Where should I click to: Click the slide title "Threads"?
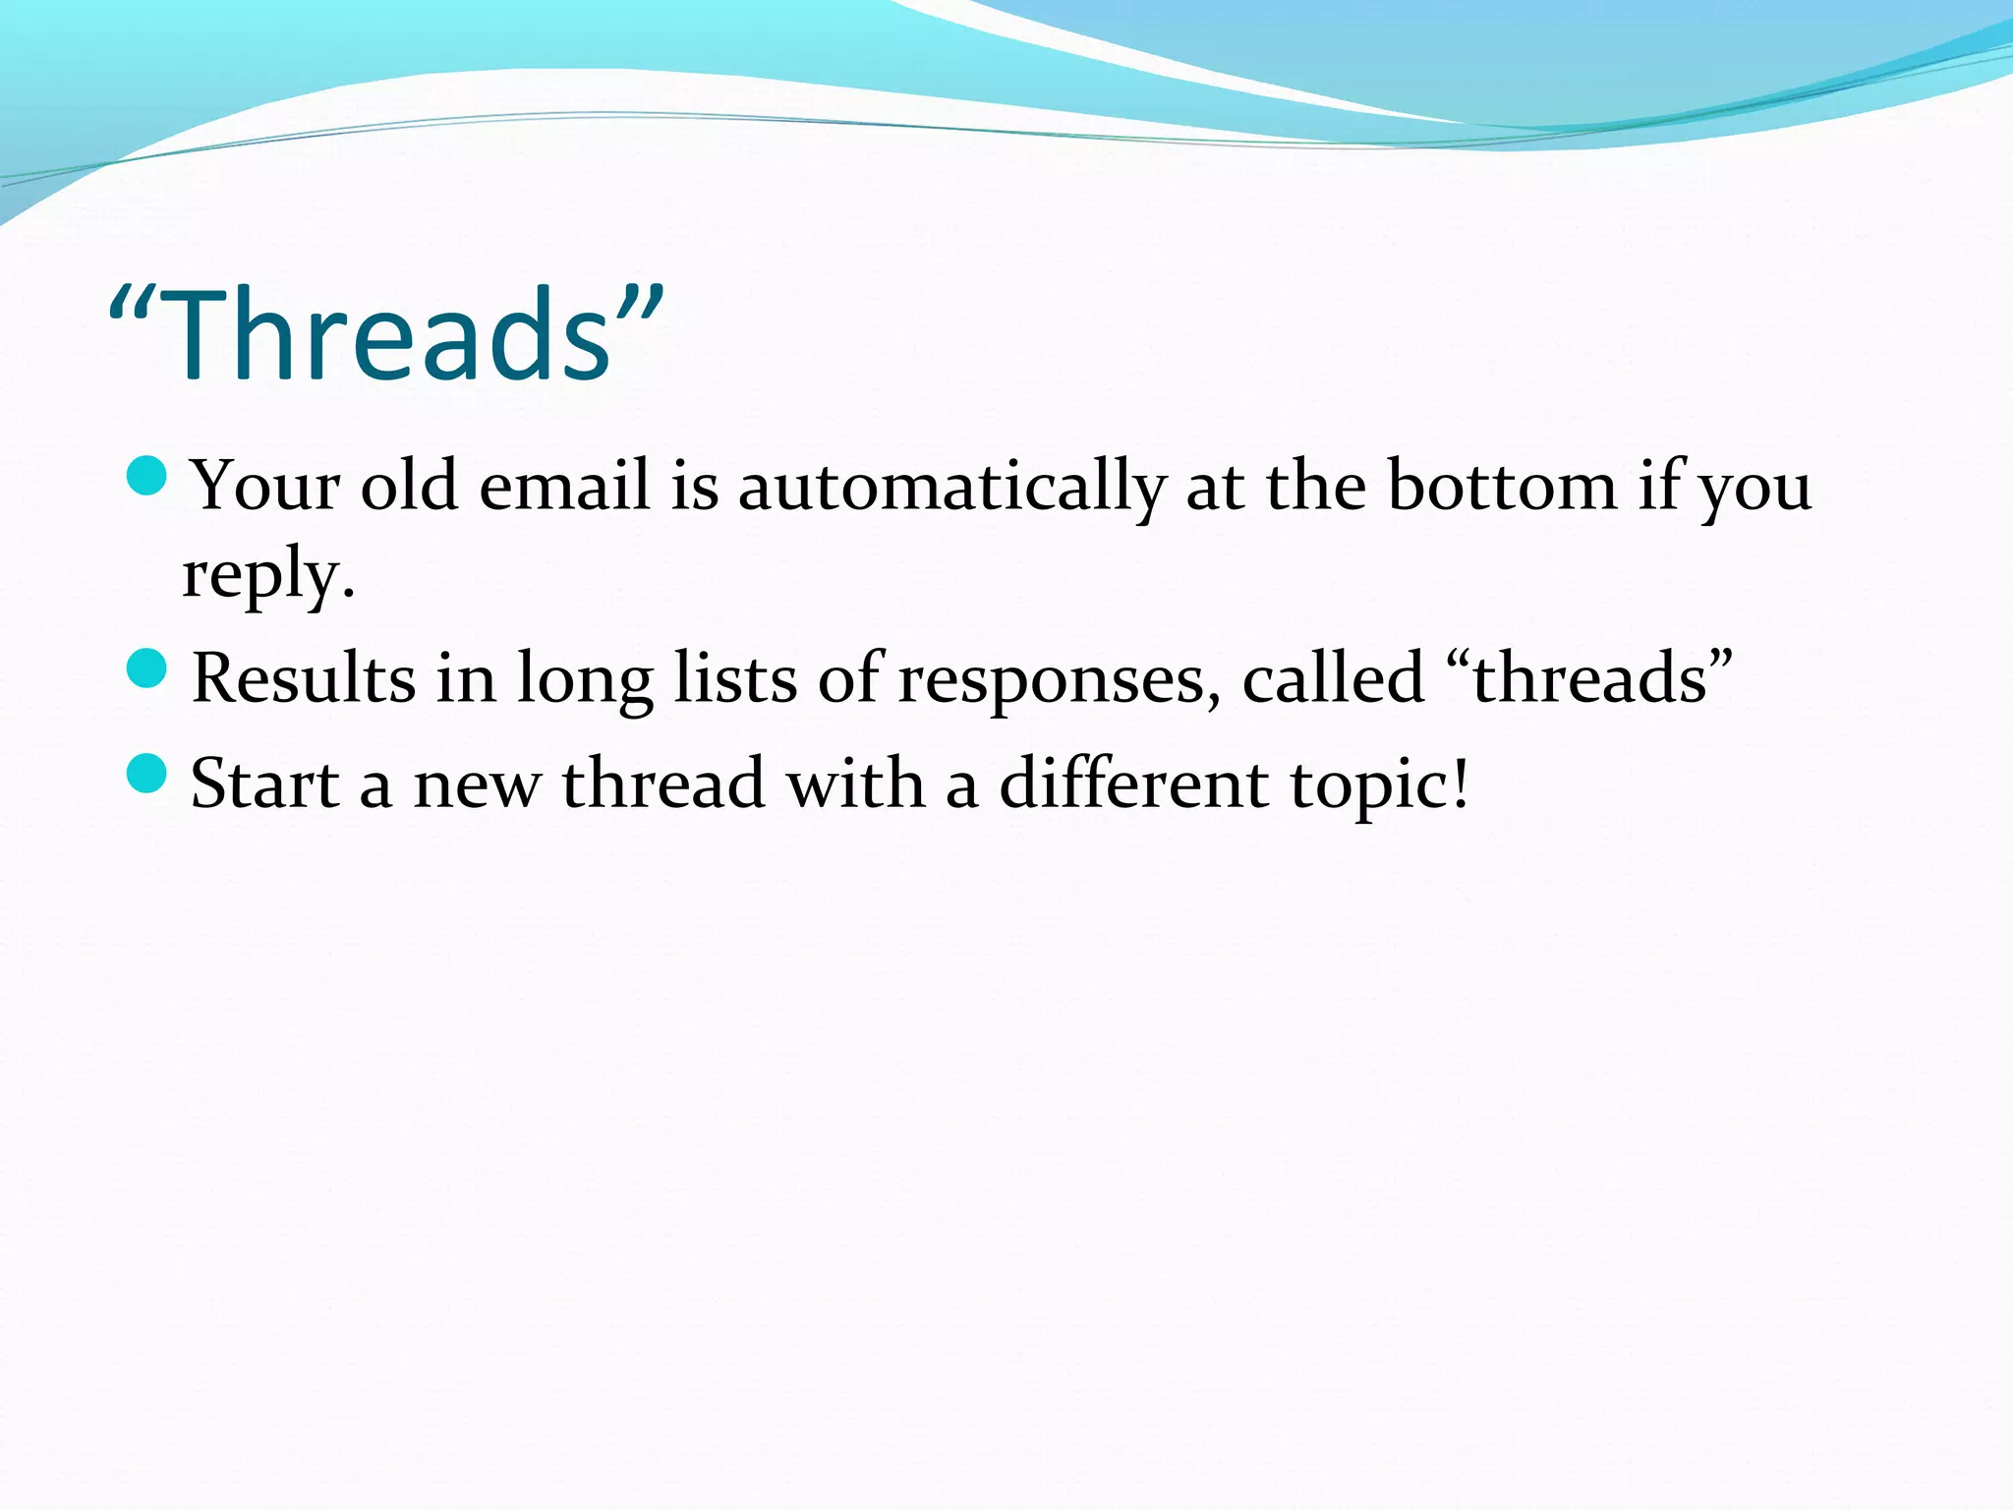coord(386,334)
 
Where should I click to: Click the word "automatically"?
coord(951,487)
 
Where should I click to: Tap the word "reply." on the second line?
coord(267,576)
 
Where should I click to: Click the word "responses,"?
coord(1060,679)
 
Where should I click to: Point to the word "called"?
coord(1333,677)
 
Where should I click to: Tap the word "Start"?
coord(264,784)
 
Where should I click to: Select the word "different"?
coord(1134,784)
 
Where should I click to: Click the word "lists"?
coord(735,677)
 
